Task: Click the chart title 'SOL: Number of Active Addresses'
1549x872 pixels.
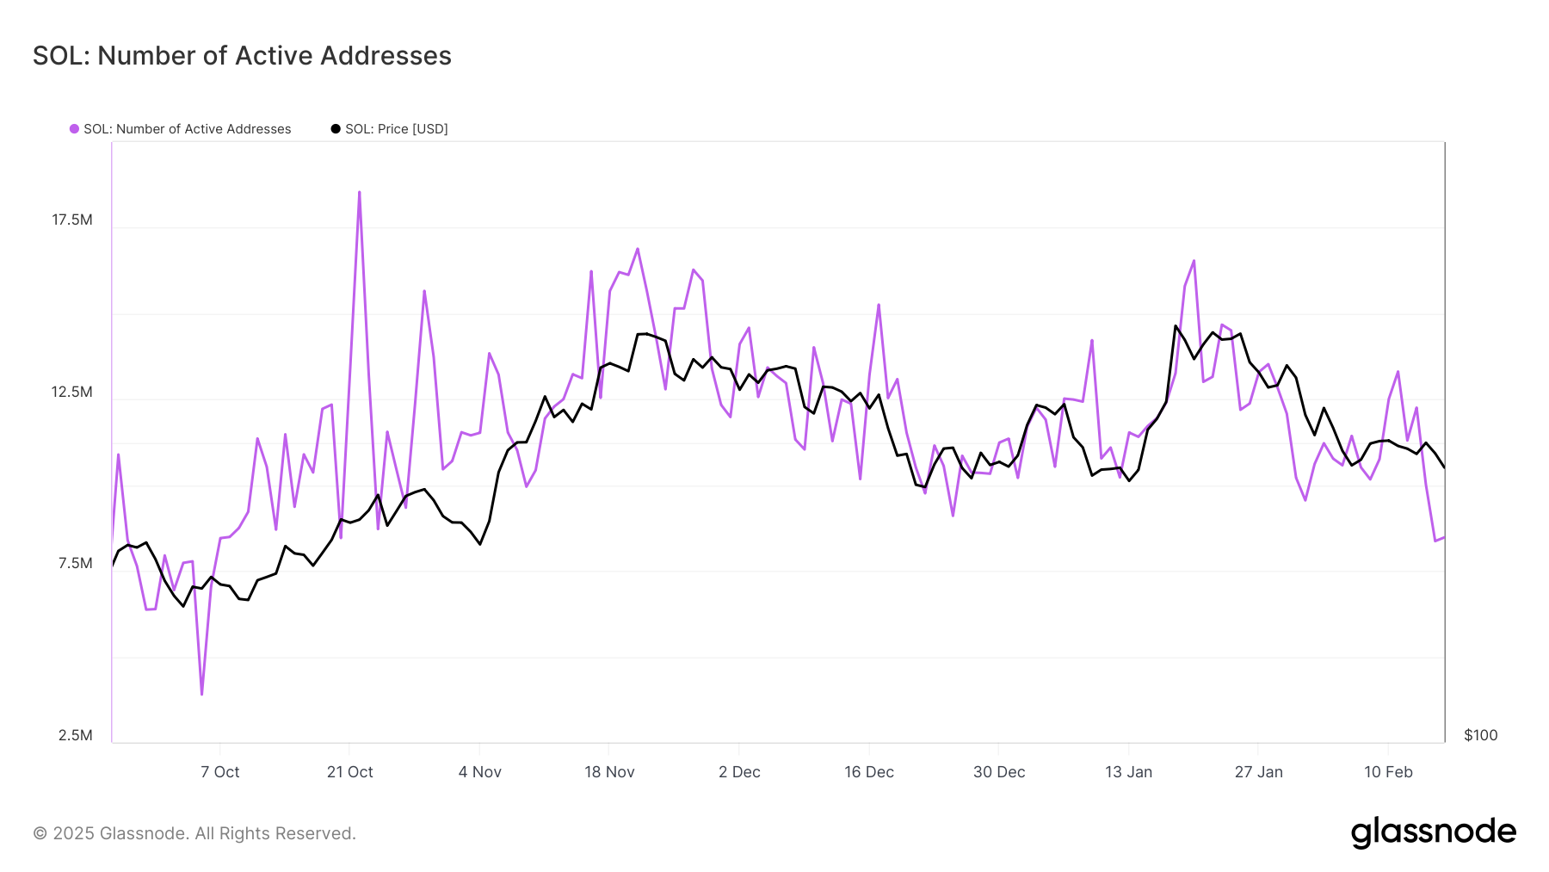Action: [242, 56]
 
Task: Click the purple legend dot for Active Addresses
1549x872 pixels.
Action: [75, 129]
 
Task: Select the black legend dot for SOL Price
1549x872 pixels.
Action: [336, 129]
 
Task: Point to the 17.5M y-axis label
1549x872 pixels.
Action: [72, 220]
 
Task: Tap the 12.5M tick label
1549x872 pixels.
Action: [72, 392]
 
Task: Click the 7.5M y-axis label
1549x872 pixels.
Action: [76, 563]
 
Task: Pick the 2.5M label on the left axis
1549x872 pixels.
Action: [76, 735]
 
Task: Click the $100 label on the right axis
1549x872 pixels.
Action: [1480, 735]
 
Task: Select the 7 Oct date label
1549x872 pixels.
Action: [220, 772]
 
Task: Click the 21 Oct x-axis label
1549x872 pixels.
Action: [350, 772]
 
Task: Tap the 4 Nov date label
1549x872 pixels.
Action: [480, 772]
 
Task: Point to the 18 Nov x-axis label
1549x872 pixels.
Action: [609, 772]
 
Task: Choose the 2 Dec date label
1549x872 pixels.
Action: [739, 772]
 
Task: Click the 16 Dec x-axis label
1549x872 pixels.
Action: [869, 772]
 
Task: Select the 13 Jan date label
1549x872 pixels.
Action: [1129, 772]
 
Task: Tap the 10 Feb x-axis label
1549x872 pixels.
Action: [1388, 772]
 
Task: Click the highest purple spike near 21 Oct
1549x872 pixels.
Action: [359, 193]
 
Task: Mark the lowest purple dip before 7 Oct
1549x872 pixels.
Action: [202, 693]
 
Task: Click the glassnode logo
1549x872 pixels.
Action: [1433, 832]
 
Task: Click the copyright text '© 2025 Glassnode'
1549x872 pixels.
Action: [194, 833]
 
